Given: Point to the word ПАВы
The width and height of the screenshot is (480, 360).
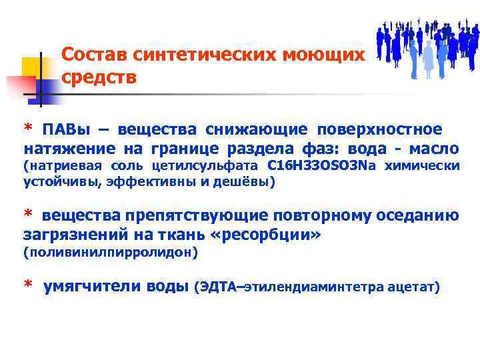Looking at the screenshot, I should tap(65, 128).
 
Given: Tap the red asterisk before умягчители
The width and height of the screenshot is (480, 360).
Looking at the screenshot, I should tap(29, 285).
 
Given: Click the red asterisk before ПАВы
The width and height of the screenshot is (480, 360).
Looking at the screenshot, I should tap(28, 127).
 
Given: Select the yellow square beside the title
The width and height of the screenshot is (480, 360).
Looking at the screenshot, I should tap(32, 67).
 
